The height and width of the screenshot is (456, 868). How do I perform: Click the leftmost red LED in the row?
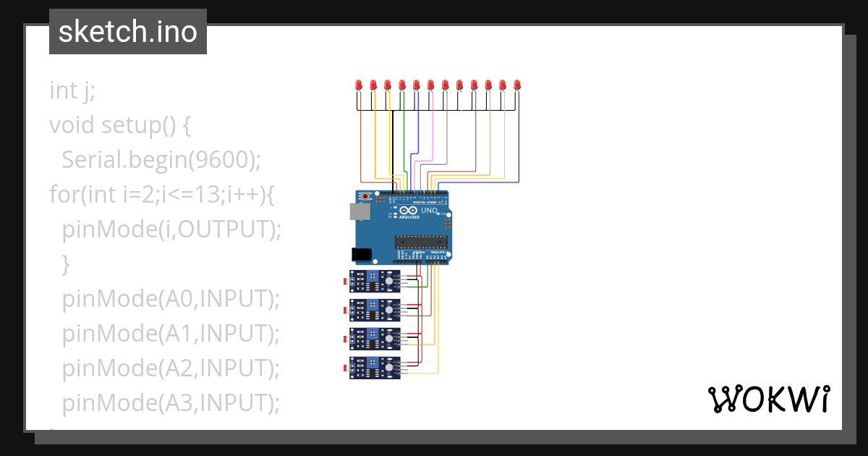[359, 85]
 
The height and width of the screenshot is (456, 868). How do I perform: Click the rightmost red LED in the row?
[517, 85]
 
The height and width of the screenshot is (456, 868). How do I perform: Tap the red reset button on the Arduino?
[367, 196]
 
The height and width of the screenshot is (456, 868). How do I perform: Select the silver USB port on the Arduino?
[357, 211]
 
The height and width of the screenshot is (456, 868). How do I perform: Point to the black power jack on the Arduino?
[359, 254]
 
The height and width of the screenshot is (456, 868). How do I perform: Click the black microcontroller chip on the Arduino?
[420, 241]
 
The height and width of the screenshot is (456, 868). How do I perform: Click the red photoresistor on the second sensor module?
[345, 310]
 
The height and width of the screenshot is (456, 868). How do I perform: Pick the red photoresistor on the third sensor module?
[345, 339]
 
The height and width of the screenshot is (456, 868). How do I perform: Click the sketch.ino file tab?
[128, 32]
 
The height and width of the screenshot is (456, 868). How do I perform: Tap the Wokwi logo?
[768, 400]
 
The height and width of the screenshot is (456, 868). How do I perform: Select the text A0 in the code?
[184, 299]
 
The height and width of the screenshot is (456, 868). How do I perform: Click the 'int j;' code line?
[72, 90]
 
